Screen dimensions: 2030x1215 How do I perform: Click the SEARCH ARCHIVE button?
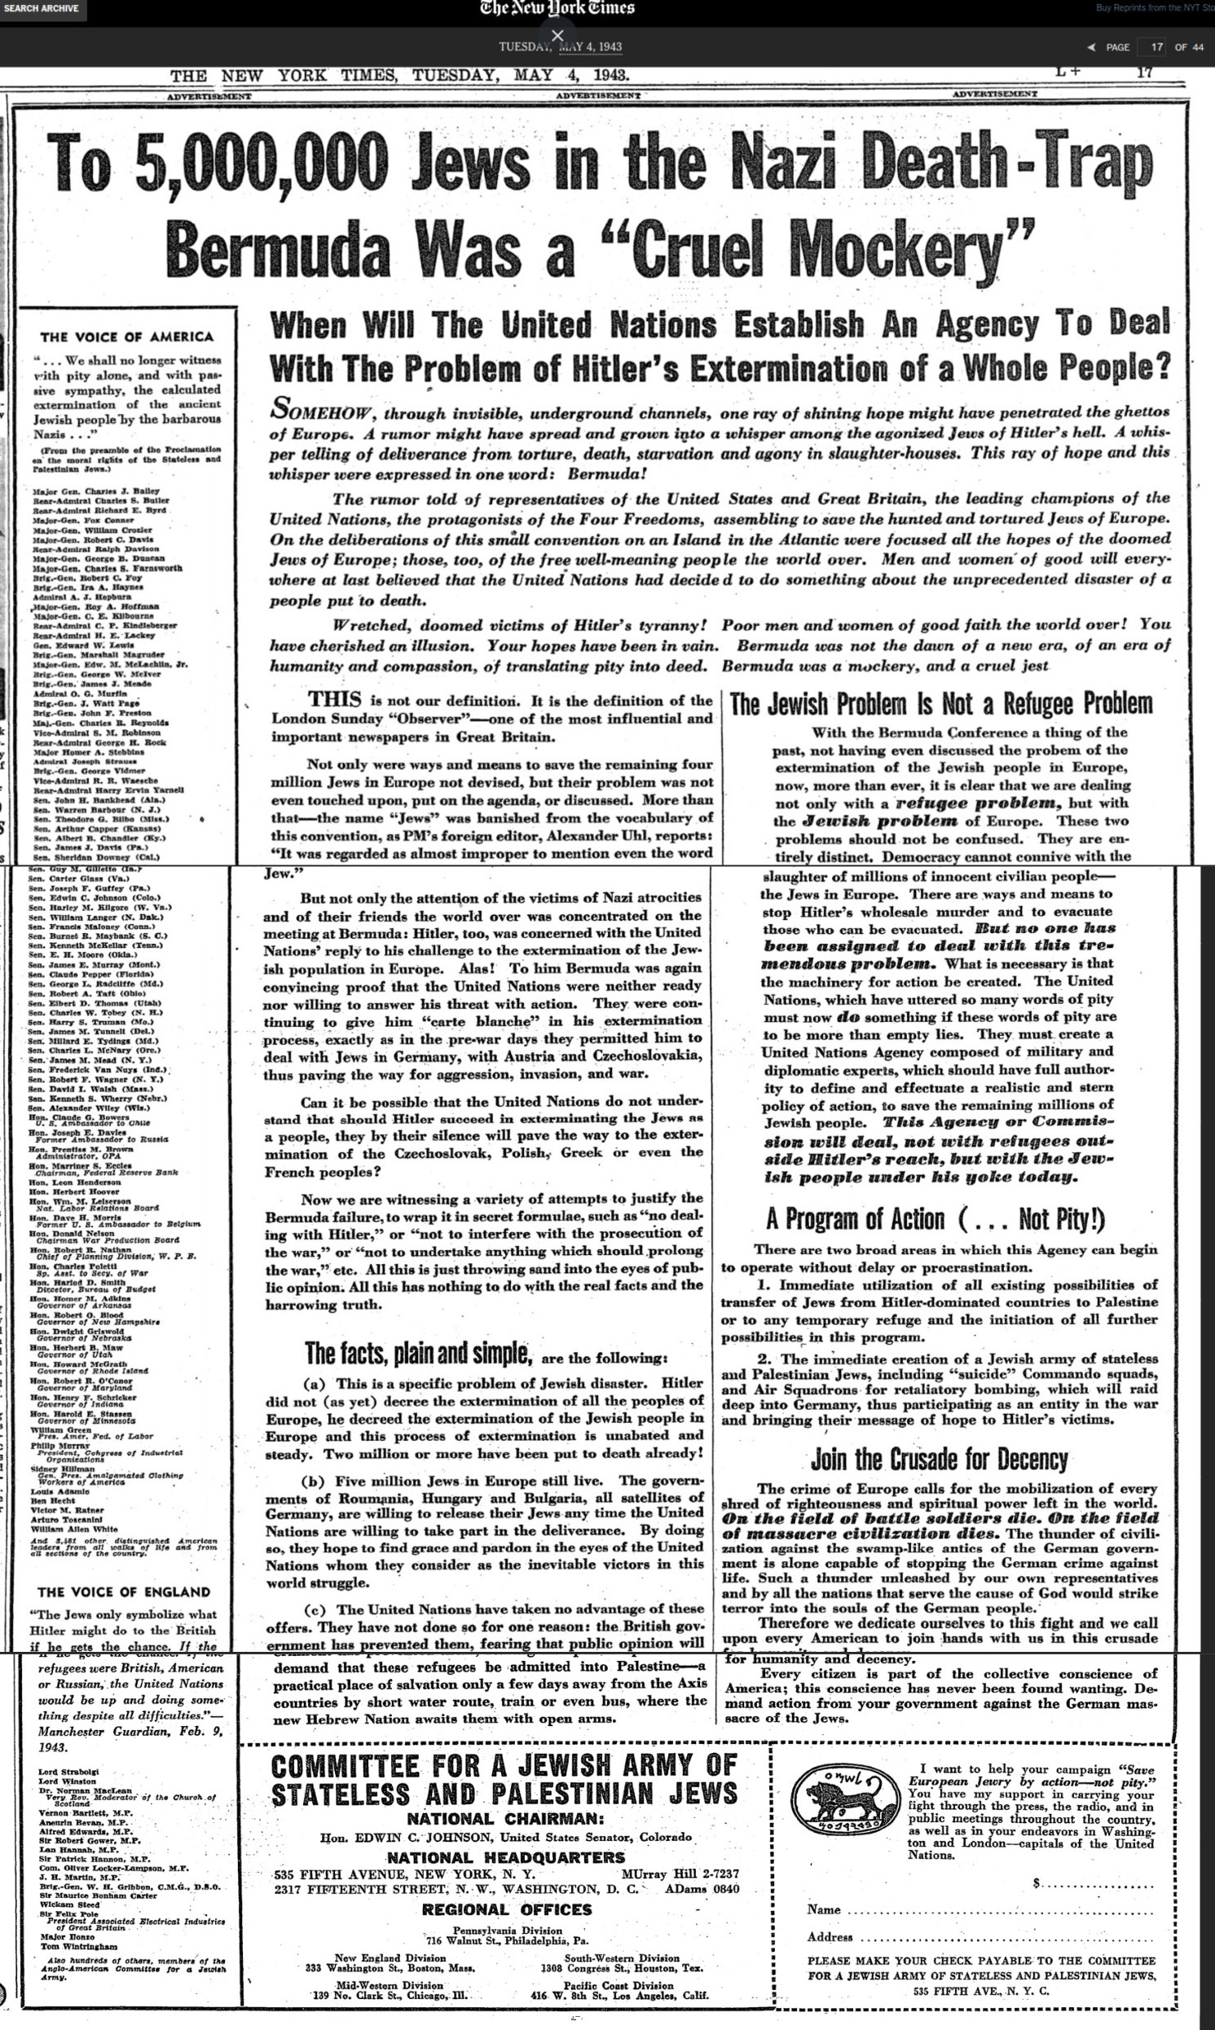pos(41,9)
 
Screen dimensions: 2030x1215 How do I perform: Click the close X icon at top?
pos(557,35)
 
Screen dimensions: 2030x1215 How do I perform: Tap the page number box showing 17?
pos(1156,46)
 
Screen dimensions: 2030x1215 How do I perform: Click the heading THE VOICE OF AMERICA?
pos(126,337)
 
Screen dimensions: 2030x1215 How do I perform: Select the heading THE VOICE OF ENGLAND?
pos(124,1592)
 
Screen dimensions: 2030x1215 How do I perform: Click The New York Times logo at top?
pos(557,9)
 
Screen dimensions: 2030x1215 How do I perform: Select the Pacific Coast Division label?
pos(619,1985)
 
